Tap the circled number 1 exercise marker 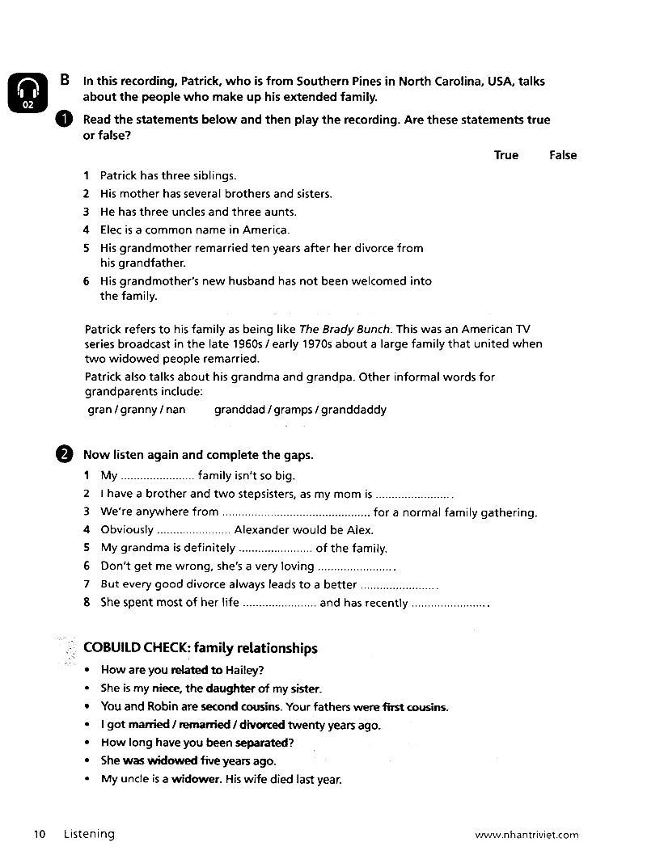[x=65, y=120]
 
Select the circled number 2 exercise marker [x=65, y=455]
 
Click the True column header [x=506, y=155]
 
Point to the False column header [x=563, y=155]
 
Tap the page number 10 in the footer [x=40, y=834]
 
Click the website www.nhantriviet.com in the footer [x=526, y=835]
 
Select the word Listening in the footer [x=89, y=834]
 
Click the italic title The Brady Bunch [x=345, y=330]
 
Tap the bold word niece [x=166, y=689]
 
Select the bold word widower [x=195, y=780]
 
